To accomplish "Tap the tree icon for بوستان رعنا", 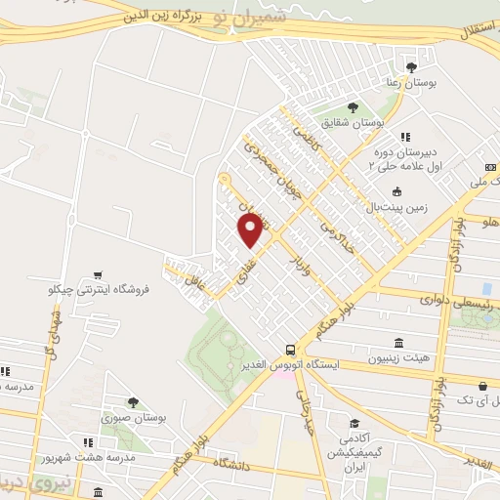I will (410, 66).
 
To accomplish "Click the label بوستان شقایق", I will (378, 124).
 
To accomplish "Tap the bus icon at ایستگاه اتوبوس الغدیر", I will (290, 349).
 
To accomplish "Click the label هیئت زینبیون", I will (398, 359).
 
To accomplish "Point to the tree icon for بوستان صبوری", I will (133, 401).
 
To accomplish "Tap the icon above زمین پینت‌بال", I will (396, 190).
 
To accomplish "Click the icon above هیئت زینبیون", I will (398, 343).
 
